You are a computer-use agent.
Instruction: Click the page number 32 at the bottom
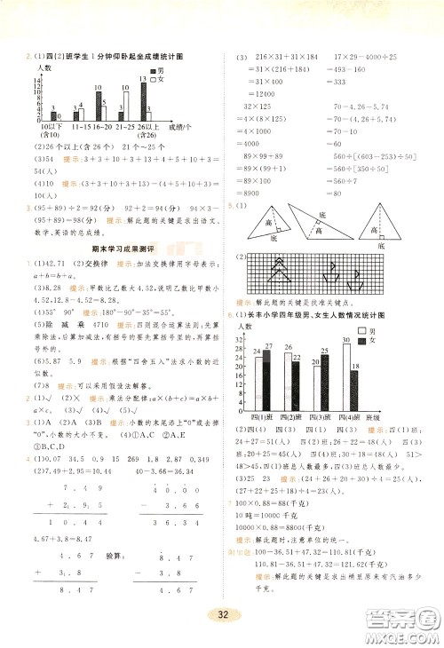218,612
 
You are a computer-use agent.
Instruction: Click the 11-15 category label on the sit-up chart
75,129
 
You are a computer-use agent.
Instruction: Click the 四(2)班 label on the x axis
291,417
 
